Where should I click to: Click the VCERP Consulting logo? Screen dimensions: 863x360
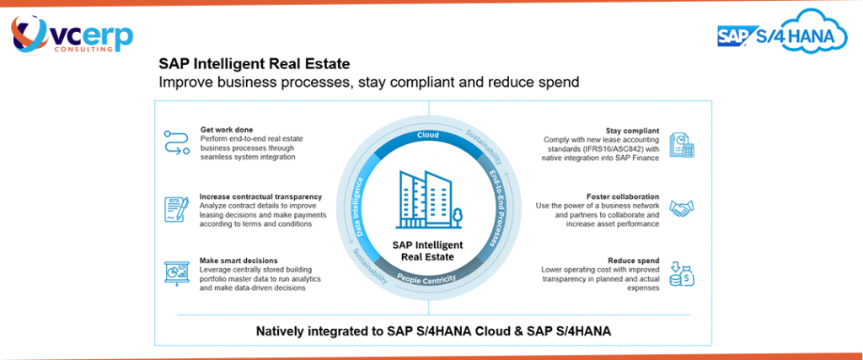coord(72,34)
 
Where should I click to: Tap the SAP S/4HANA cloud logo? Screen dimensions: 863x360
coord(783,32)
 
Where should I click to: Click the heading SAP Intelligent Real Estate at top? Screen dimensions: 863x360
coord(255,64)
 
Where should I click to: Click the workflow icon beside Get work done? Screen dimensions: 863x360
coord(177,142)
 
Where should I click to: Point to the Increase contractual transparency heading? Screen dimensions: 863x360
coord(261,196)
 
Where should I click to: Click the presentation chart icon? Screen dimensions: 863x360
coord(177,273)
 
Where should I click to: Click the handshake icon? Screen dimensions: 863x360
coord(682,208)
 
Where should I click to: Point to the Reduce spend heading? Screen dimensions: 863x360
coord(634,261)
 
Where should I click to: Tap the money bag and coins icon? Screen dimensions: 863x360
coord(682,273)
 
